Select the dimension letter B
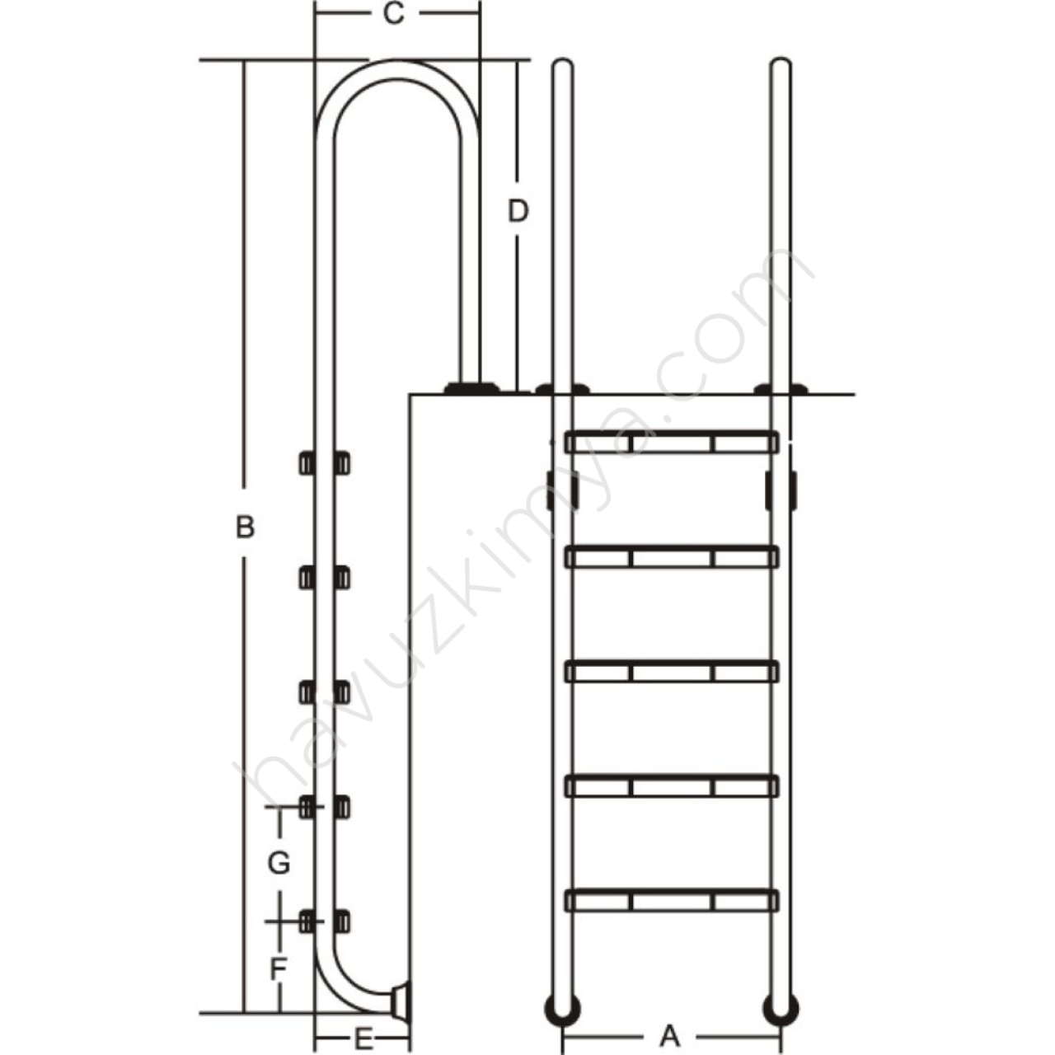(246, 527)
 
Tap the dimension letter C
(394, 14)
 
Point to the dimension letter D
(518, 211)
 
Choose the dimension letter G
(279, 864)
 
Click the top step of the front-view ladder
(671, 443)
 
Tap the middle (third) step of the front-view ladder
(671, 672)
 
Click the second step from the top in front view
(671, 557)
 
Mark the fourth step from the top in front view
(671, 787)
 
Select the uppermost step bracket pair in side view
(324, 463)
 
